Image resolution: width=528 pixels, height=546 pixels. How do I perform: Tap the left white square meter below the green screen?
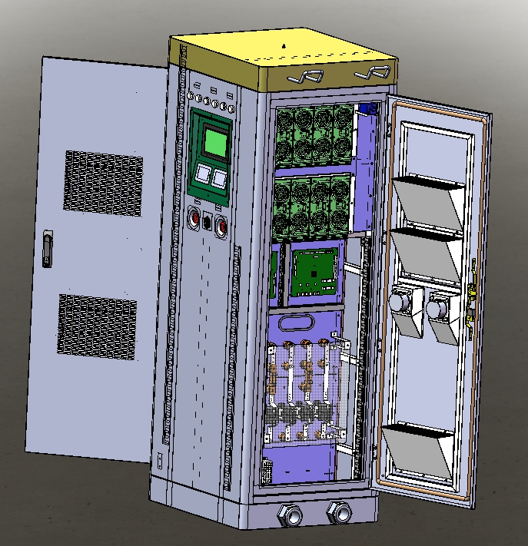click(x=205, y=174)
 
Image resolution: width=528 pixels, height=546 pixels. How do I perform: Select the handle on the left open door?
click(x=48, y=250)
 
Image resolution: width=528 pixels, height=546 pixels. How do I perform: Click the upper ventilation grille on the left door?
click(x=103, y=183)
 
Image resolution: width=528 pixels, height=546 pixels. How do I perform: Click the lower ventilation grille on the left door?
click(x=97, y=327)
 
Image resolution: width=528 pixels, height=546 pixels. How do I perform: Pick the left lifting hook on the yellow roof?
click(x=305, y=77)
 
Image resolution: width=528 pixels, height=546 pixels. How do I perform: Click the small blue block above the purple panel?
click(x=367, y=110)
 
